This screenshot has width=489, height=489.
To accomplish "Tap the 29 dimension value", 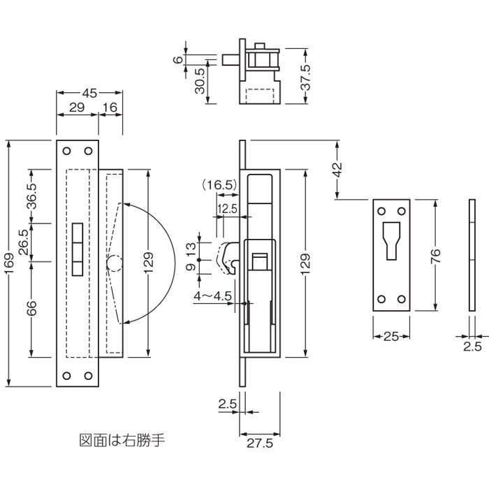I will tap(78, 107).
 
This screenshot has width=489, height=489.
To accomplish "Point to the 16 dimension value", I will tap(110, 107).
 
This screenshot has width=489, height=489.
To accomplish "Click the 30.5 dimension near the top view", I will tap(199, 80).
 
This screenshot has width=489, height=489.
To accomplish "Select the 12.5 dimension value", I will tap(228, 207).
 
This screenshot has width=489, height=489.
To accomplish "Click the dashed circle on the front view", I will tap(114, 263).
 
